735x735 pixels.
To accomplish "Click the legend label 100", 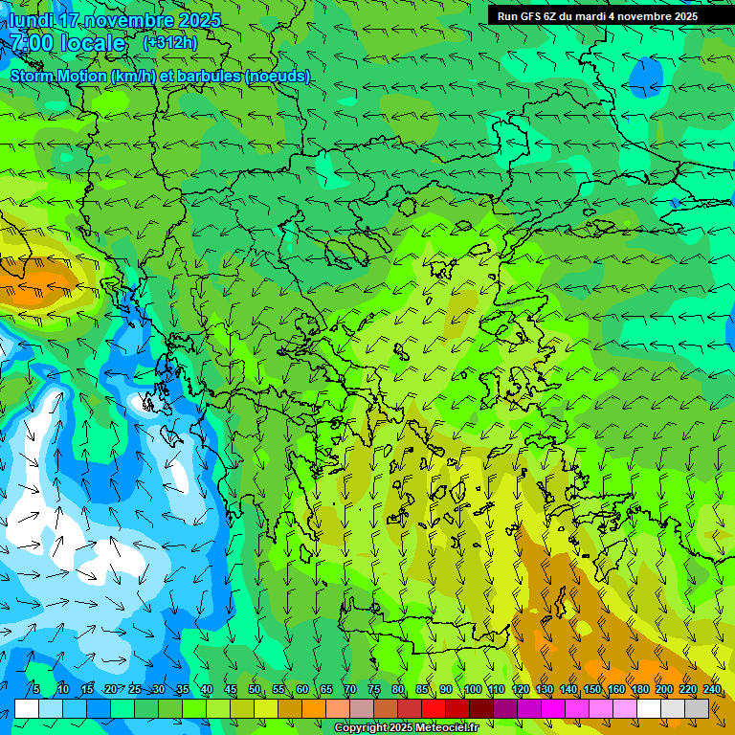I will pos(473,690).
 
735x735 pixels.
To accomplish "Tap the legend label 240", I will pos(712,690).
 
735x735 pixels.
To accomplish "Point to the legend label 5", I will pos(36,690).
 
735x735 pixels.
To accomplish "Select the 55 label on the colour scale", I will pos(278,690).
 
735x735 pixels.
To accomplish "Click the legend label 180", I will pos(640,690).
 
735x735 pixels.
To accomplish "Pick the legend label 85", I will pos(422,690).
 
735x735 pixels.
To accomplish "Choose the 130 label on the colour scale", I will pos(545,690).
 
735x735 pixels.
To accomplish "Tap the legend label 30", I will pos(158,690).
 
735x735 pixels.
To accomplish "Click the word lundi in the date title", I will pos(32,20).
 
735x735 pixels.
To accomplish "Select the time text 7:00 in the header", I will pos(31,43).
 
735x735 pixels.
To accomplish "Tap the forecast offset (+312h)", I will pos(169,43).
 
